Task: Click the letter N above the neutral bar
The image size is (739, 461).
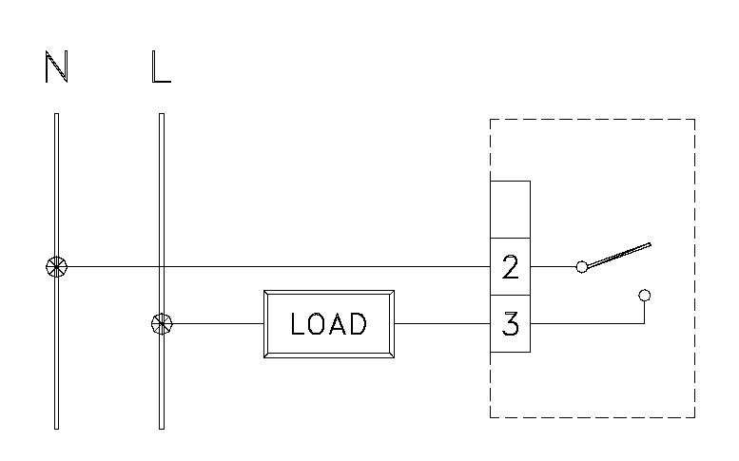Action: coord(56,67)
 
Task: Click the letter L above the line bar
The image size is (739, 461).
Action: coord(161,67)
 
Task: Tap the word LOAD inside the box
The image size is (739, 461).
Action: coord(328,324)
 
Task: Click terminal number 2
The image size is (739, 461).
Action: coord(510,267)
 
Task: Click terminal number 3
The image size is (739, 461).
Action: coord(510,324)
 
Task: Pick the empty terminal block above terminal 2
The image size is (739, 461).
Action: coord(510,208)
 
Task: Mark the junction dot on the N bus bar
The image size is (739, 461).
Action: coord(56,267)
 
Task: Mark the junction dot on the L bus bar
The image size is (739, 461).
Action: coord(162,324)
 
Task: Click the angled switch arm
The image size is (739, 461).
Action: coord(618,256)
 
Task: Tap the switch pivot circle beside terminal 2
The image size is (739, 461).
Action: coord(581,267)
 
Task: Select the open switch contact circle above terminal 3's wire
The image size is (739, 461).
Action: coord(645,296)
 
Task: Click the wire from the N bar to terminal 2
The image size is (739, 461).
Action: coord(285,267)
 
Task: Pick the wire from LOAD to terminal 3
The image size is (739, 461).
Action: coord(442,324)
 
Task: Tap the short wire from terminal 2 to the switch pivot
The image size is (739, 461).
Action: coord(553,267)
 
